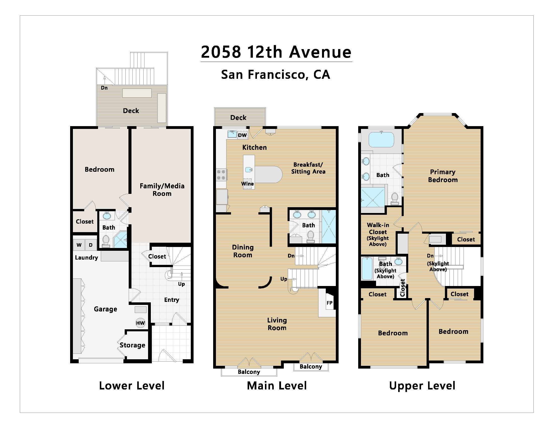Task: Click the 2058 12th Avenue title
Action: click(x=276, y=52)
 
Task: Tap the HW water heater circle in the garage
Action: click(x=140, y=323)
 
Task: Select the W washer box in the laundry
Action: click(x=79, y=245)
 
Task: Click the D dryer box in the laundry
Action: click(x=91, y=245)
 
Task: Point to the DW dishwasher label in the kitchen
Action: click(x=242, y=135)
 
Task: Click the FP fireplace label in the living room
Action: click(x=330, y=303)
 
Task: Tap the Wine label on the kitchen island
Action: click(x=247, y=184)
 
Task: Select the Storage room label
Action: click(x=132, y=345)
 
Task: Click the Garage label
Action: click(x=106, y=309)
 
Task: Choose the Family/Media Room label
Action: click(x=162, y=190)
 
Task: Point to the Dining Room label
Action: click(x=243, y=251)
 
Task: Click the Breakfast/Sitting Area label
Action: click(x=308, y=168)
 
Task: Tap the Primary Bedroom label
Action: click(x=443, y=176)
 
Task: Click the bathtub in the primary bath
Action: click(x=381, y=139)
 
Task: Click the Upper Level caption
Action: click(x=422, y=386)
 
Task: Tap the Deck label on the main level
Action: click(x=238, y=118)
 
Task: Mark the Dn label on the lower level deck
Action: click(x=104, y=88)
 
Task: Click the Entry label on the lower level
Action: click(x=172, y=300)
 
